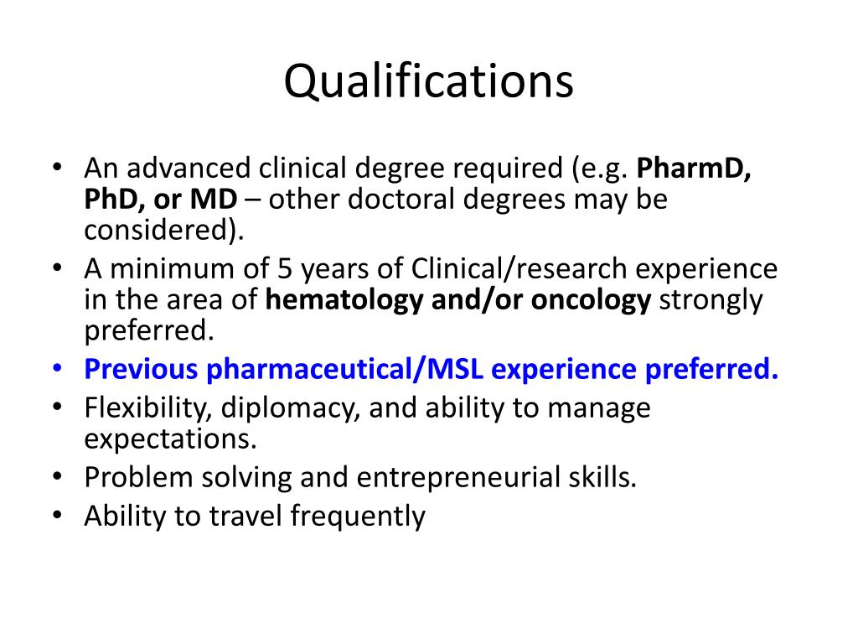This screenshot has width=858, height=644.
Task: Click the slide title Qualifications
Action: (x=428, y=82)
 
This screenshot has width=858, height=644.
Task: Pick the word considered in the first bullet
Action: (x=158, y=231)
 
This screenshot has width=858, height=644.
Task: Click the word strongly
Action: (x=711, y=300)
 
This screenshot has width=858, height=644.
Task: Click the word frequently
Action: (x=358, y=517)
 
